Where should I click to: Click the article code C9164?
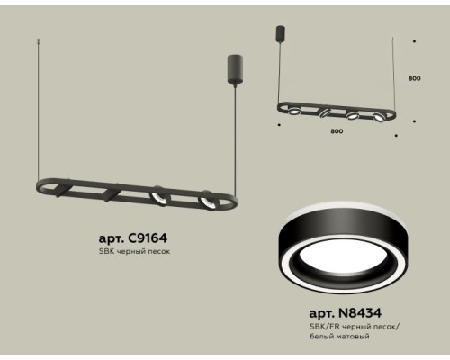148,238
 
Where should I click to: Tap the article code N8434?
360,313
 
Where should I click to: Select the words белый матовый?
339,337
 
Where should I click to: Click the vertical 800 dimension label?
414,78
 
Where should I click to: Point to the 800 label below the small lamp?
337,131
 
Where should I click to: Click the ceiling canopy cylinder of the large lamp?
235,68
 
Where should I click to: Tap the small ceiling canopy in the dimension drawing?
280,34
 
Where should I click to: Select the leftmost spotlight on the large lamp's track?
61,191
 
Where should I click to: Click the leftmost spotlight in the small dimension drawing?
294,111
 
